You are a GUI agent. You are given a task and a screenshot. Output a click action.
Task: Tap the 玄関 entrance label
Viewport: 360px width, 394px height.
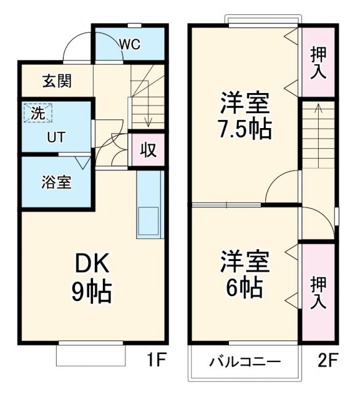[x=56, y=81]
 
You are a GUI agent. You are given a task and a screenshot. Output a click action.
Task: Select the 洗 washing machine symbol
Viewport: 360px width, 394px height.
[x=38, y=113]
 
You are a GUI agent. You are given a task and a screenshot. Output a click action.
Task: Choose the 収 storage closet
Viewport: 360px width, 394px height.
[x=147, y=150]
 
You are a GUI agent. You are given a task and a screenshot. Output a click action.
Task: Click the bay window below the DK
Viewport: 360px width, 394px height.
[x=91, y=355]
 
